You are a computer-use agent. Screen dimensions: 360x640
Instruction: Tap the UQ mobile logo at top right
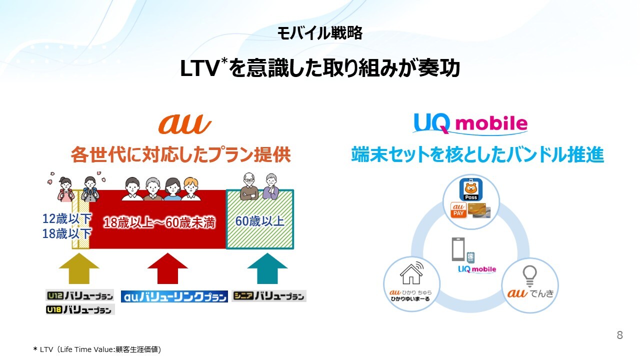[470, 123]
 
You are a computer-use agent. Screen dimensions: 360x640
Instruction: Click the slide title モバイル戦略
[320, 33]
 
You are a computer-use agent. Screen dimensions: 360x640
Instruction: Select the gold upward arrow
[79, 268]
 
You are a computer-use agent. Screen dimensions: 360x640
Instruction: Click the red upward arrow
[167, 268]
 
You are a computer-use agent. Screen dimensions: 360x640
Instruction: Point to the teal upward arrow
[267, 268]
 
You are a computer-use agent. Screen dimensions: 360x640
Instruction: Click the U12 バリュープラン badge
[79, 295]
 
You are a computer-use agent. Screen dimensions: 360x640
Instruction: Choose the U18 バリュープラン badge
[79, 310]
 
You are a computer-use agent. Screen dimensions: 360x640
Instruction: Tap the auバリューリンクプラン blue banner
[174, 296]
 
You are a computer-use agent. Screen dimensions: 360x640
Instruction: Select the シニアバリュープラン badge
[269, 296]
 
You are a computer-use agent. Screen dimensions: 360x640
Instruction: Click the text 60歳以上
[260, 221]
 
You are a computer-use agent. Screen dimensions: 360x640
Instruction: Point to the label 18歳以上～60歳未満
[159, 223]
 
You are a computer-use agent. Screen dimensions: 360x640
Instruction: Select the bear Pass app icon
[471, 190]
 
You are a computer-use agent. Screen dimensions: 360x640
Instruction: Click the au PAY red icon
[458, 210]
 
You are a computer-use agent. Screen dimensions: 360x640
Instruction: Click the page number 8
[620, 335]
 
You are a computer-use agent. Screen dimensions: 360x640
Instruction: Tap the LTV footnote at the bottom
[97, 349]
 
